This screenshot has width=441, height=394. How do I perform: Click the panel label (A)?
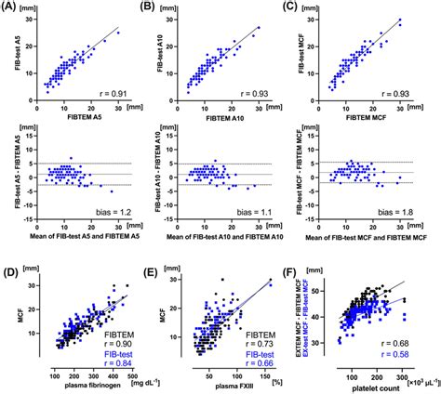[12, 8]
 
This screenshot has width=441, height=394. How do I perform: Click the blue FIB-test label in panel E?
[260, 348]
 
